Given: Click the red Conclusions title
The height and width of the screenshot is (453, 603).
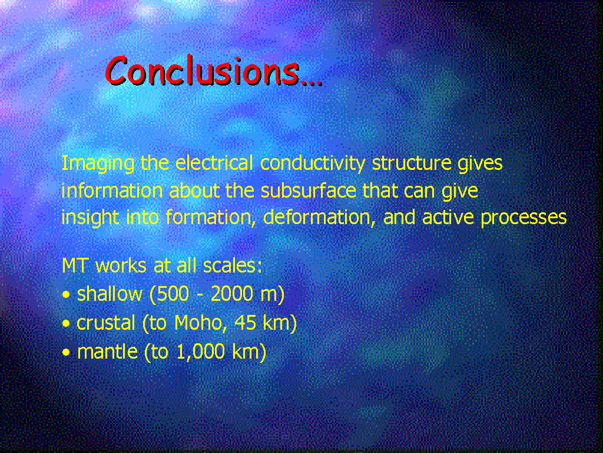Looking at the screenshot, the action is pyautogui.click(x=213, y=71).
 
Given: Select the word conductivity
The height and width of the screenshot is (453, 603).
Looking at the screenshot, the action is pyautogui.click(x=313, y=164).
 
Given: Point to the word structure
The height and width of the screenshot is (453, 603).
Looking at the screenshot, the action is pyautogui.click(x=412, y=164).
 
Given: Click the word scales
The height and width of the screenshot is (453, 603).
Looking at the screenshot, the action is pyautogui.click(x=232, y=265).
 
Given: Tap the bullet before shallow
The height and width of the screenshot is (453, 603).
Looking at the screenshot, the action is pyautogui.click(x=66, y=295).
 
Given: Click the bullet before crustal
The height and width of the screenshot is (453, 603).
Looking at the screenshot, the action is pyautogui.click(x=66, y=324).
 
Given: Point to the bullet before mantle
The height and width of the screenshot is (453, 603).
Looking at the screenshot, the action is pyautogui.click(x=66, y=352).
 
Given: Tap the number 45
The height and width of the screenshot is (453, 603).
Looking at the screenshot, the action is pyautogui.click(x=245, y=323).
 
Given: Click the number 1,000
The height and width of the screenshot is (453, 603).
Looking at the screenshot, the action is pyautogui.click(x=200, y=352).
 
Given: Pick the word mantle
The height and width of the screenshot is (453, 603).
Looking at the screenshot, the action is pyautogui.click(x=107, y=352).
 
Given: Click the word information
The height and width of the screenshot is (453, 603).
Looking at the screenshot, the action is pyautogui.click(x=112, y=191).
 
